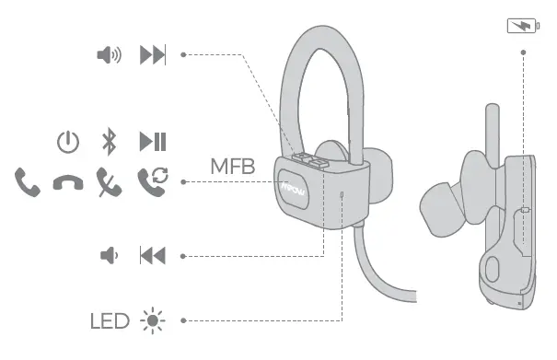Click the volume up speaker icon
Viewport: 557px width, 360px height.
[x=109, y=55]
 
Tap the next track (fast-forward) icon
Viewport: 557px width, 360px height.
[x=152, y=55]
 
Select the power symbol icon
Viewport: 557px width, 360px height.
[x=68, y=142]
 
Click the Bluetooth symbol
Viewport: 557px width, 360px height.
[x=109, y=142]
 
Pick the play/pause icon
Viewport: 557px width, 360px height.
[x=152, y=142]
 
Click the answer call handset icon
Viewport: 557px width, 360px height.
[x=28, y=180]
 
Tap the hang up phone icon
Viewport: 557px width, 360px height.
[x=67, y=182]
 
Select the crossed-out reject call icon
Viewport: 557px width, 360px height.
[x=109, y=180]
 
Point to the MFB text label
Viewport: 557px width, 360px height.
[x=232, y=167]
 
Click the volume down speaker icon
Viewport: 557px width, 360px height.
[x=108, y=255]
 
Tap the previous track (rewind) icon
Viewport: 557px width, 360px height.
[x=152, y=255]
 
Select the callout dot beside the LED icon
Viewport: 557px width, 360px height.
[x=183, y=320]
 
